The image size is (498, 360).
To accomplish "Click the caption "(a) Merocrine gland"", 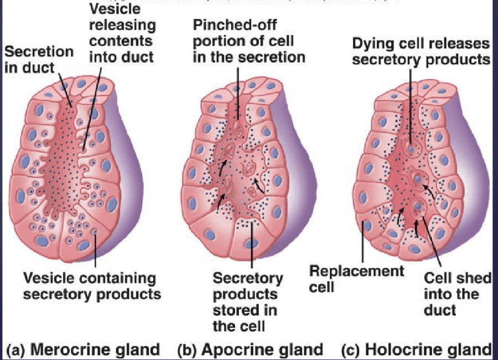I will point(83,349).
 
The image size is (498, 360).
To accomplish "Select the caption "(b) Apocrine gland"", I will point(250,349).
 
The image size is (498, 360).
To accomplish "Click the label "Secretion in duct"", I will point(39,60).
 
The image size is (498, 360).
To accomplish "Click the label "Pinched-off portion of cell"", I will point(249,41).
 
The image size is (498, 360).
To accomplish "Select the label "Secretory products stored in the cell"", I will point(248,301).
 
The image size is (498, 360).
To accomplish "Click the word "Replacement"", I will point(356,272).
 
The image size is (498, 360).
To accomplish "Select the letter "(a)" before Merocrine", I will point(16,349).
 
